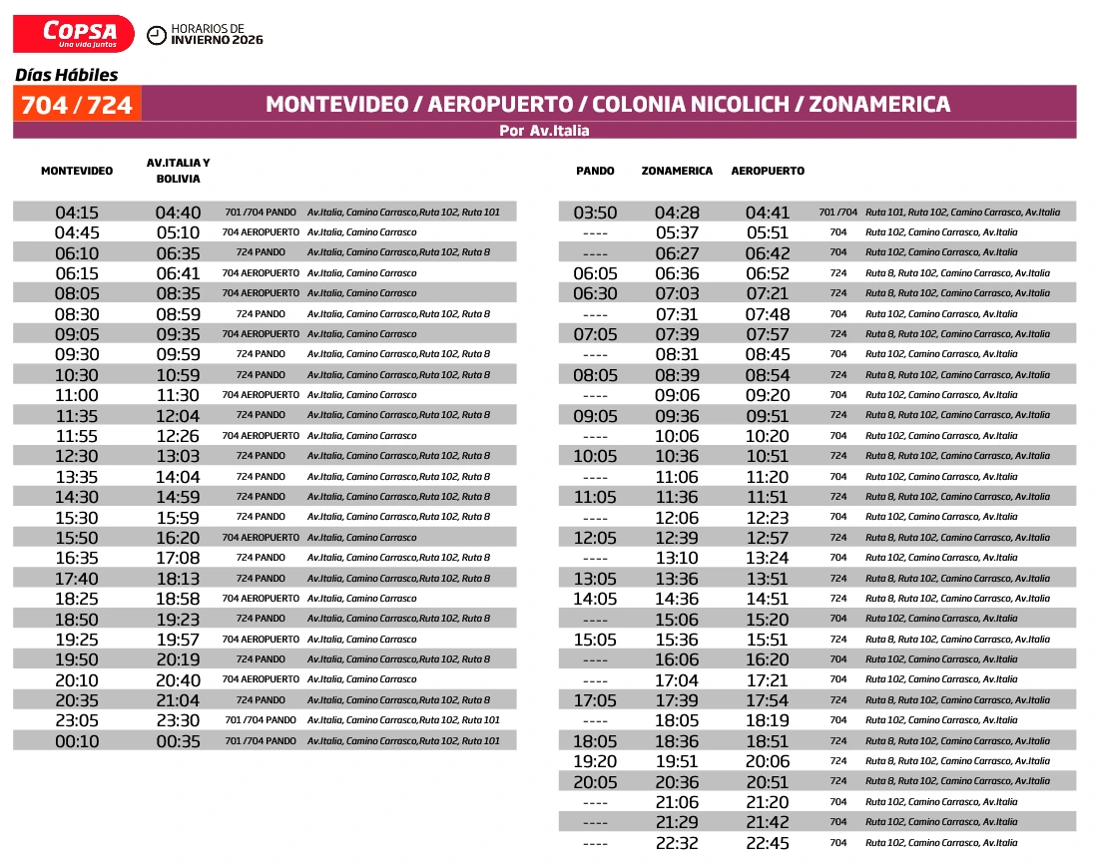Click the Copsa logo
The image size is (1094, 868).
[x=73, y=33]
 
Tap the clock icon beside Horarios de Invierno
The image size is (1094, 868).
[x=157, y=36]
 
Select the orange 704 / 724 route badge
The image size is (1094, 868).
[x=77, y=105]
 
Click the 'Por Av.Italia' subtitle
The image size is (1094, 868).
[x=544, y=131]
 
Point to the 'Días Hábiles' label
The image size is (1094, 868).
[x=66, y=75]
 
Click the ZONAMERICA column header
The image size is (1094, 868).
[x=677, y=171]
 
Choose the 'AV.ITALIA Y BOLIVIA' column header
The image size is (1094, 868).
[x=178, y=171]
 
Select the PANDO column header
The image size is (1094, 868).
[x=595, y=171]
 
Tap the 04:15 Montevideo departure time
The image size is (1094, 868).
[x=77, y=213]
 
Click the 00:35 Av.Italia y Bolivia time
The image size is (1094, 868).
[x=178, y=741]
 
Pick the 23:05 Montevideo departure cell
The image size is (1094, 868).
[x=77, y=721]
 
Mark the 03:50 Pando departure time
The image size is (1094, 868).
[x=595, y=213]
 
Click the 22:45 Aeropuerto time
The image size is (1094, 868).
[x=768, y=843]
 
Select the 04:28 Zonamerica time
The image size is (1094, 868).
[x=677, y=213]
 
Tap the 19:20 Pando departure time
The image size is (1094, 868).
[x=595, y=761]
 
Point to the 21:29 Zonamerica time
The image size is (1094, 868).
[x=677, y=822]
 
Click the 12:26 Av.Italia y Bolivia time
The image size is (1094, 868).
[x=178, y=436]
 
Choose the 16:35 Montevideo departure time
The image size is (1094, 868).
[x=77, y=558]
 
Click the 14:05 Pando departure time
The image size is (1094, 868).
[x=595, y=599]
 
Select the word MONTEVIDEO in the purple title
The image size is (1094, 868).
[x=336, y=105]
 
